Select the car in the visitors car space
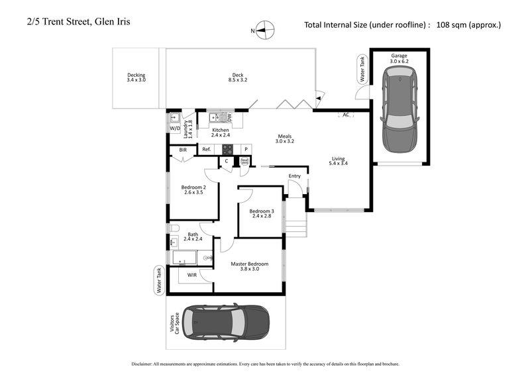click(226, 323)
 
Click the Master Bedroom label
click(248, 267)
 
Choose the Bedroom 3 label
click(260, 214)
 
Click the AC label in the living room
click(346, 115)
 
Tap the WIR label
click(191, 275)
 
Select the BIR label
click(183, 150)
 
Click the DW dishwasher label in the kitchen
click(229, 118)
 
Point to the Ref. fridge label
click(206, 150)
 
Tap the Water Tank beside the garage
click(362, 70)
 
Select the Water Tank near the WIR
click(158, 280)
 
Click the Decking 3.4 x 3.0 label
click(136, 78)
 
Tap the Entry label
click(295, 176)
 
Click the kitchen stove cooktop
click(227, 149)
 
